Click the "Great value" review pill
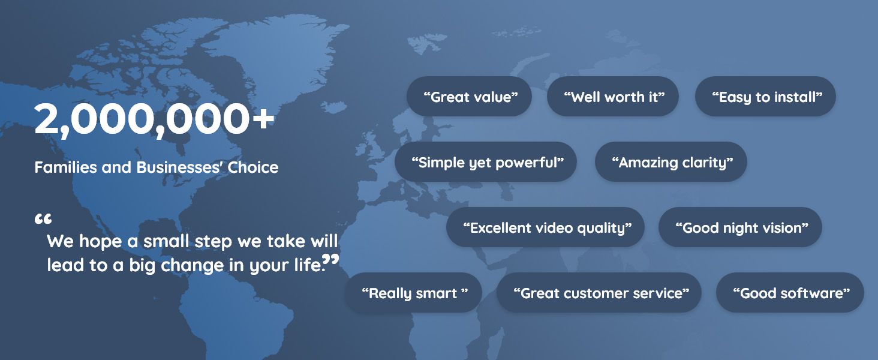[x=469, y=97]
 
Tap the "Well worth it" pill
[x=612, y=97]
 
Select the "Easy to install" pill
[x=765, y=97]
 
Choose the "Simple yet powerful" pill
[x=486, y=162]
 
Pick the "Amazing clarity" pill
[x=670, y=162]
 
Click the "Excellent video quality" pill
[x=545, y=227]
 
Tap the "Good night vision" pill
[x=740, y=227]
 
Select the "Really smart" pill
[x=413, y=293]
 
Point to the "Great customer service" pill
[x=599, y=293]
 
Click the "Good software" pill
[x=790, y=293]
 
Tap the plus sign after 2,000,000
[x=262, y=119]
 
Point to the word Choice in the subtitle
[x=253, y=167]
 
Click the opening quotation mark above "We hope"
[x=43, y=219]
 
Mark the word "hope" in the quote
[x=103, y=242]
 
